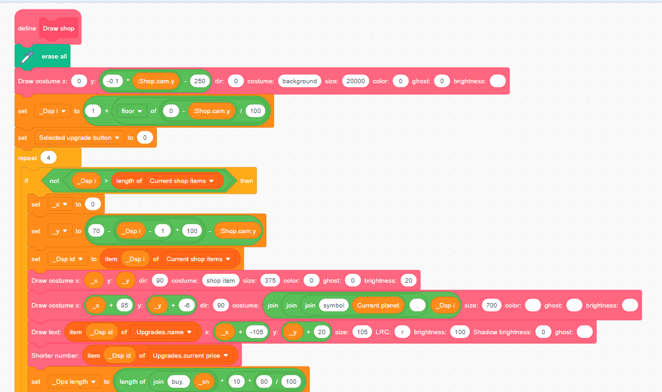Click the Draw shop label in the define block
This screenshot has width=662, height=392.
coord(58,29)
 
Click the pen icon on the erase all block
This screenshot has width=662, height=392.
coord(27,57)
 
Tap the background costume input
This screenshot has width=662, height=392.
coord(299,81)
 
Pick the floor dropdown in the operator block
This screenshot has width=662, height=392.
coord(132,111)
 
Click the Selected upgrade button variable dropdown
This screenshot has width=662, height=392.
coord(79,137)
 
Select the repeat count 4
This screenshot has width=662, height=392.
coord(49,158)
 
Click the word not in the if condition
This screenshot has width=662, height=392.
coord(55,181)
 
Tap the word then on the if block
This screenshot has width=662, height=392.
coord(247,181)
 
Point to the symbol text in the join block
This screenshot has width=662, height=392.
coord(333,306)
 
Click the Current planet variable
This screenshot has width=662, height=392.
coord(378,306)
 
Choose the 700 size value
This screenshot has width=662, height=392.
coord(491,306)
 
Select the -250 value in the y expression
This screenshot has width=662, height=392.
coord(199,81)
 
